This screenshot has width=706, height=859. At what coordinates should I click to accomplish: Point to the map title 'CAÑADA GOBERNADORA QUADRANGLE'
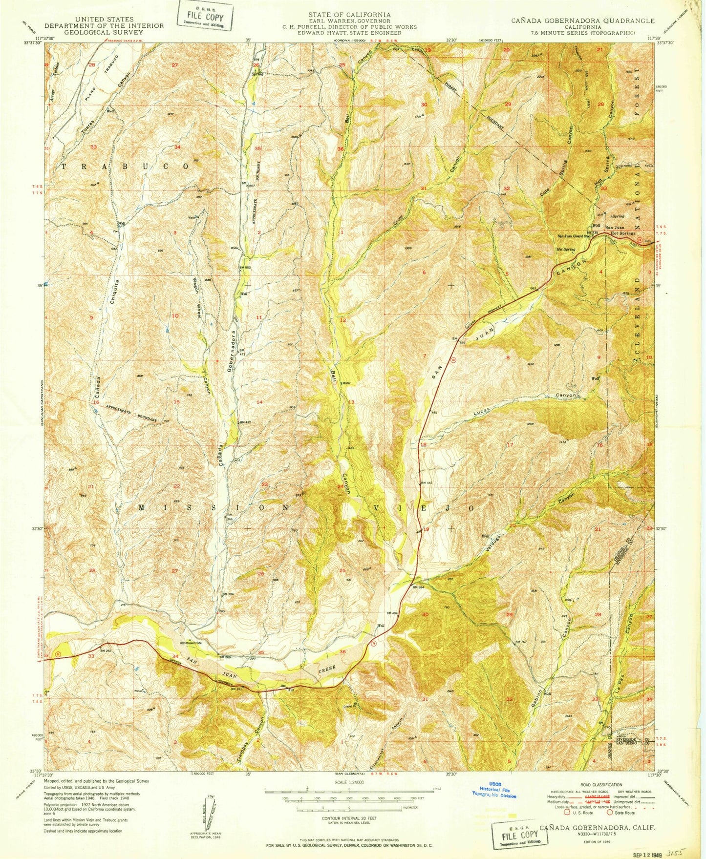[582, 21]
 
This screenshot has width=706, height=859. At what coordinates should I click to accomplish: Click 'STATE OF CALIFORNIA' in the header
[349, 15]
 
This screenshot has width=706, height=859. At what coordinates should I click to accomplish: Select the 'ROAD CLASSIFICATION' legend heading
[601, 785]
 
